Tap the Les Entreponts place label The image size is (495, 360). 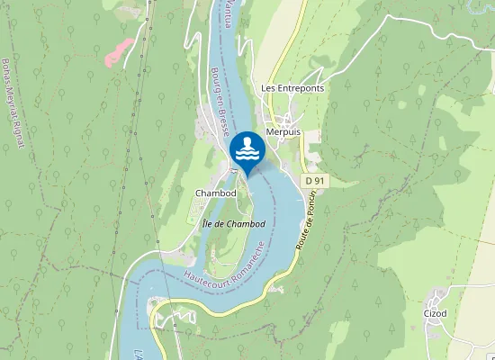(x=292, y=88)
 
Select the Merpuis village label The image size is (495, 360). (x=294, y=130)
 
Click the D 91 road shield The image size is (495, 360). (x=313, y=181)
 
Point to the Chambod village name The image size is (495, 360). (x=215, y=193)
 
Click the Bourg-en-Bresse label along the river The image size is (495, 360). (x=219, y=94)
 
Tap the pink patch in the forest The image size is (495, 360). (x=119, y=51)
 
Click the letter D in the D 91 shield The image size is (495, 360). (x=309, y=181)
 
